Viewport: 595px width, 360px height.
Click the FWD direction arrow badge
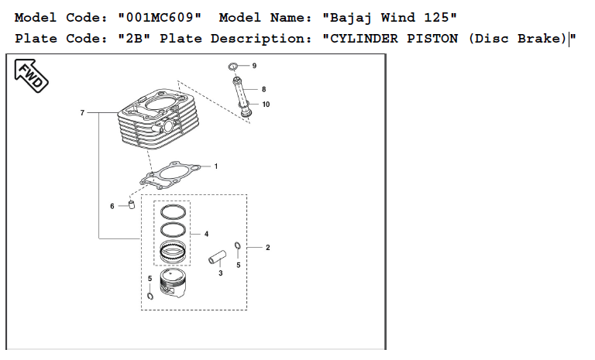30,74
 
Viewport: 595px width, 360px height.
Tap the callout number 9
253,66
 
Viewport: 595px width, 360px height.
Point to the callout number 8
263,89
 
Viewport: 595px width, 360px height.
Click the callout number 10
266,104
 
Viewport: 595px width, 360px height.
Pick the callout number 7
82,113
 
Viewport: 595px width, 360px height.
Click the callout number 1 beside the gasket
215,166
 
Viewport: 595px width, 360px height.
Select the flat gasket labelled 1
175,173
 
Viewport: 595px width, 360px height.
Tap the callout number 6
112,206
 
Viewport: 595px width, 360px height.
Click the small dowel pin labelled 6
131,204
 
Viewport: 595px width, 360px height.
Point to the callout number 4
206,233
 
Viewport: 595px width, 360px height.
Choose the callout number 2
267,248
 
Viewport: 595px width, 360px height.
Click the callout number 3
220,273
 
